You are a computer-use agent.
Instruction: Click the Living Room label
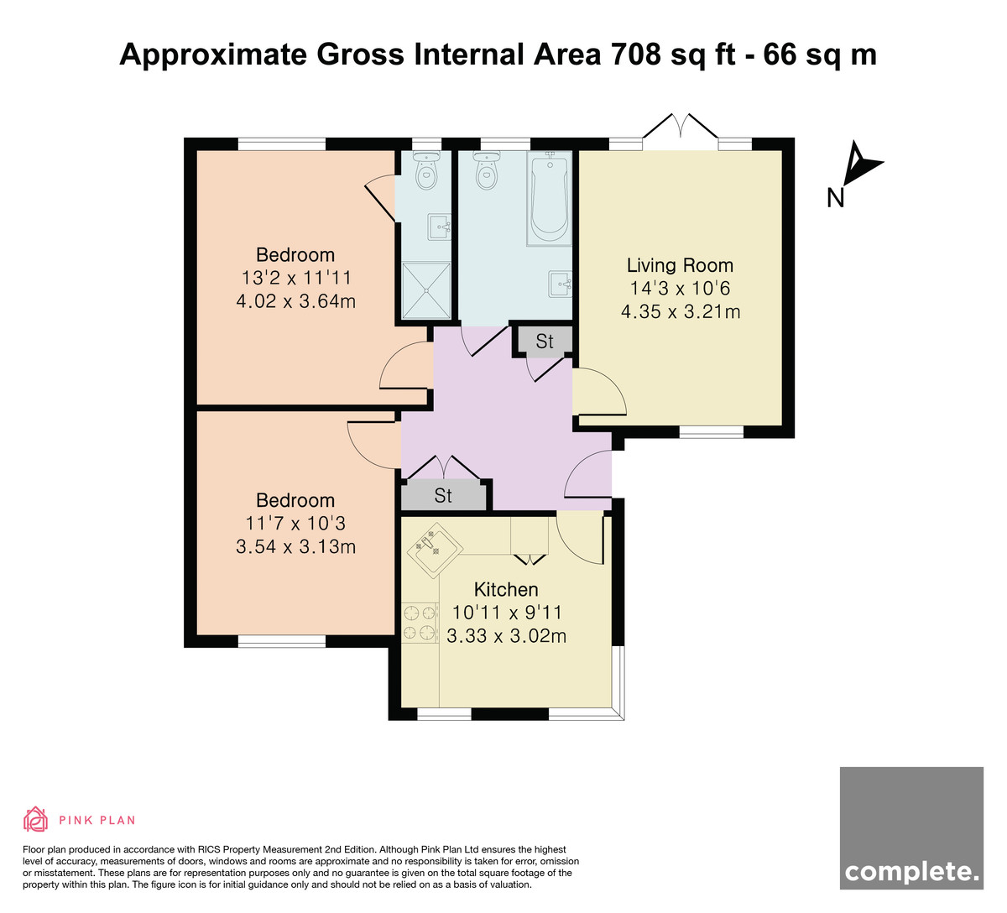tap(680, 265)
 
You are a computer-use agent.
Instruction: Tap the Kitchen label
tap(506, 589)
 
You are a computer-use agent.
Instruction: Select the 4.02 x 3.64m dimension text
tap(295, 301)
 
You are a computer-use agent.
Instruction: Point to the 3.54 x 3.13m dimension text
tap(295, 546)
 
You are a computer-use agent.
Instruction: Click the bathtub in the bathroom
tap(550, 199)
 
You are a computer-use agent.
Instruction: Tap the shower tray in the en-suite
tap(426, 290)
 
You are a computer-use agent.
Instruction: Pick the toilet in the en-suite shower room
tap(426, 170)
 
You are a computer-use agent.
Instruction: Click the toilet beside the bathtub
tap(486, 170)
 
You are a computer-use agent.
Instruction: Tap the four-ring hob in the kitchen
tap(420, 622)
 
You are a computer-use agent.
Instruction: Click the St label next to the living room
tap(544, 342)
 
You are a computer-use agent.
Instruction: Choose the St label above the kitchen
tap(443, 496)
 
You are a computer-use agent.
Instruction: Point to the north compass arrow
tap(860, 164)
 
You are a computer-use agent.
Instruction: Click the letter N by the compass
tap(835, 198)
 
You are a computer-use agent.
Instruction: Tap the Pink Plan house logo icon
tap(35, 819)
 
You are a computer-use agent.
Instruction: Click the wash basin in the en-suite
tap(439, 227)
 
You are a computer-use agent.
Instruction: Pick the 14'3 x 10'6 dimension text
tap(680, 289)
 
